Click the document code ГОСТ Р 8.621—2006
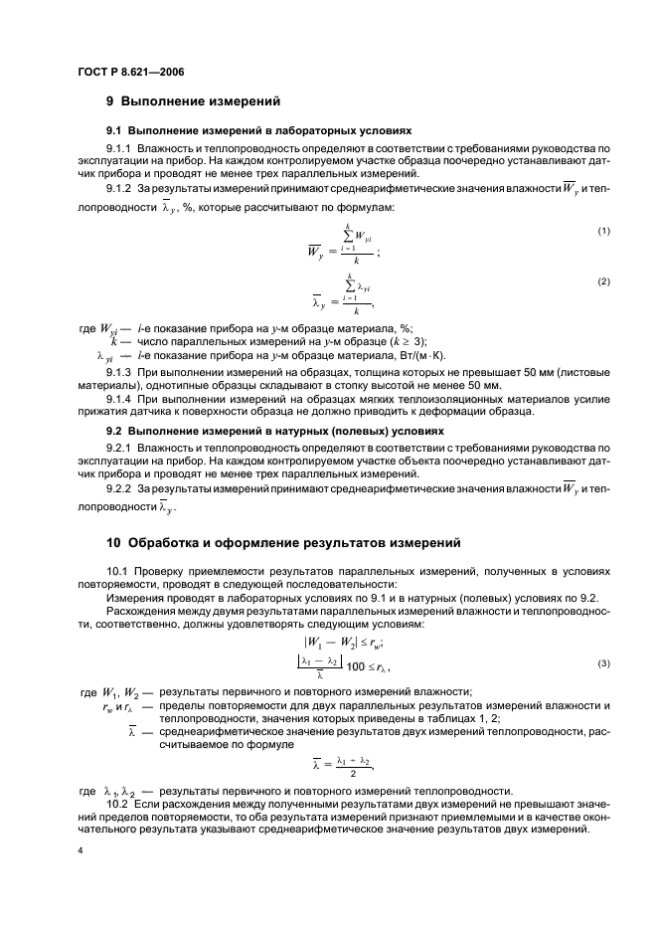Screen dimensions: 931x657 (129, 73)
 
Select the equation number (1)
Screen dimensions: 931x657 (603, 231)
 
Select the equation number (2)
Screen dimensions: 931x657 (603, 281)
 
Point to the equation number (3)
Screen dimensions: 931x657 (603, 663)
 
